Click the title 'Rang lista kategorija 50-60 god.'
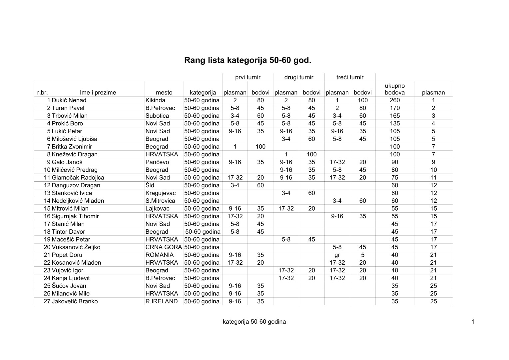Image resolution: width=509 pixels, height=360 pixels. click(x=248, y=60)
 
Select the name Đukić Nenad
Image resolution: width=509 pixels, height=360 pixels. click(x=69, y=100)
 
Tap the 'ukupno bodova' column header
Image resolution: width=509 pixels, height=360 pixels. click(x=394, y=89)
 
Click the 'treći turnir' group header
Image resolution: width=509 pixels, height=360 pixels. click(x=350, y=77)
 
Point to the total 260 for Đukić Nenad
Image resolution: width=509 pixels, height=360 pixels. click(x=394, y=100)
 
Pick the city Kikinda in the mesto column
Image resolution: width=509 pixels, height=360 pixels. click(x=155, y=100)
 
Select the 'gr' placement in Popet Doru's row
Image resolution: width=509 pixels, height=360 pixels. click(x=337, y=255)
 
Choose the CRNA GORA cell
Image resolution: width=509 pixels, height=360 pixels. click(x=164, y=247)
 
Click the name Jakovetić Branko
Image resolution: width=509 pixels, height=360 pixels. click(x=75, y=301)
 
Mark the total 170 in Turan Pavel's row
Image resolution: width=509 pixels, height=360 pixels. click(x=394, y=108)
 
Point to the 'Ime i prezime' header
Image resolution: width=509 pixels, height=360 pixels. click(x=98, y=93)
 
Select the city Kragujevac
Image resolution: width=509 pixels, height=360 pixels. click(x=161, y=193)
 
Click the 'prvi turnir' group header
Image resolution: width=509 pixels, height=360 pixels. click(x=248, y=77)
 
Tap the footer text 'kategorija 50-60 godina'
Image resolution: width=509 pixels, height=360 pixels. click(x=254, y=322)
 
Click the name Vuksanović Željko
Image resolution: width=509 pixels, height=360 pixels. click(x=76, y=247)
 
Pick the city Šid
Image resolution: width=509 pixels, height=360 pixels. click(x=150, y=185)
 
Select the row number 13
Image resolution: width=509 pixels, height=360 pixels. click(x=47, y=193)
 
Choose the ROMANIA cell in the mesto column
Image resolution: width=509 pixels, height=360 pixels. click(x=160, y=255)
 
